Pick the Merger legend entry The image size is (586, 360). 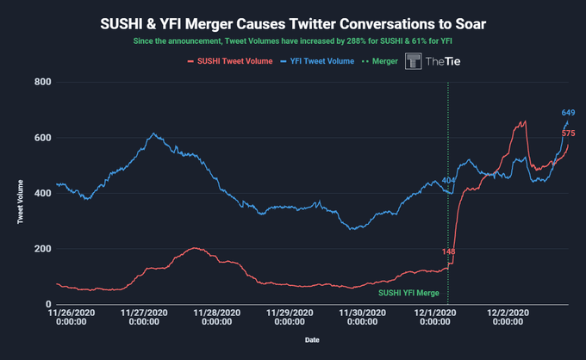383,61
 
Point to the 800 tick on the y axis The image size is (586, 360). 43,82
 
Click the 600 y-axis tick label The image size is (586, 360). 43,138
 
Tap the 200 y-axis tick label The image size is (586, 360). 43,249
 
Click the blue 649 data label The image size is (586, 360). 568,113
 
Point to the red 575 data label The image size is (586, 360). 568,133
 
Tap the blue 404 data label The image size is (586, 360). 448,180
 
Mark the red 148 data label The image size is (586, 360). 448,251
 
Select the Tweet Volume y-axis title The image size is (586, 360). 20,193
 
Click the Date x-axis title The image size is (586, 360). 312,339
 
